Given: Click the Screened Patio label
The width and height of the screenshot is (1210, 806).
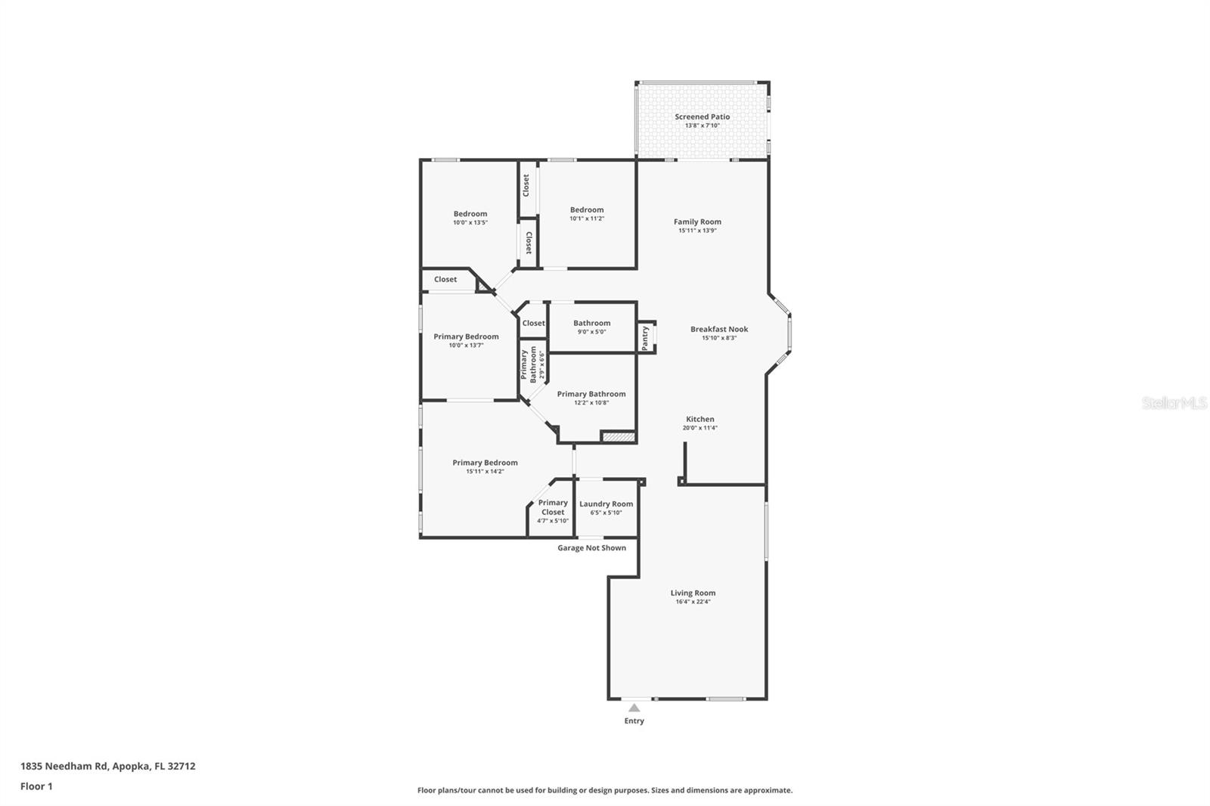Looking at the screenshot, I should [x=702, y=117].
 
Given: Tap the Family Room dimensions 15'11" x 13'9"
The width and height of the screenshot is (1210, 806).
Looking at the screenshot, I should [x=697, y=231].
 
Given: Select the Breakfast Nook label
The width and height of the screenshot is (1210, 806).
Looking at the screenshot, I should [x=719, y=330].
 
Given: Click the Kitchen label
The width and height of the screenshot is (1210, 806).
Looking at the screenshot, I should [x=700, y=419].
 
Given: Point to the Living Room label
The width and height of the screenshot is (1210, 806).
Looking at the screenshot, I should [x=693, y=593].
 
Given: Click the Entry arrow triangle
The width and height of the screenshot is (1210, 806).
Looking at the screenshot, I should [x=634, y=708].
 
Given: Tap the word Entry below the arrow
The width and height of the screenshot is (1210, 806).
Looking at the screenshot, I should [x=634, y=721].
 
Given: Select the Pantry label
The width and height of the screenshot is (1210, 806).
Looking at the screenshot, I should [x=645, y=337].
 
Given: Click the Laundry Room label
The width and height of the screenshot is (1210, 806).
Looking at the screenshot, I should [x=606, y=504].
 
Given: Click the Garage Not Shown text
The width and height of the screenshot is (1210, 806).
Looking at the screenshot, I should [x=591, y=548].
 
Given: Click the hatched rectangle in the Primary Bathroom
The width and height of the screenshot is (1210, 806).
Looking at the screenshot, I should [x=617, y=436].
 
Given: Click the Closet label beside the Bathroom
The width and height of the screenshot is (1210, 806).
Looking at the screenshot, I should [x=533, y=324].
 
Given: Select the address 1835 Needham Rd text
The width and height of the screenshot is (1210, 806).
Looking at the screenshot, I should [x=107, y=766].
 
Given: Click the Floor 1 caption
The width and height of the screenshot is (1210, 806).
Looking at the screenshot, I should [x=36, y=786].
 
